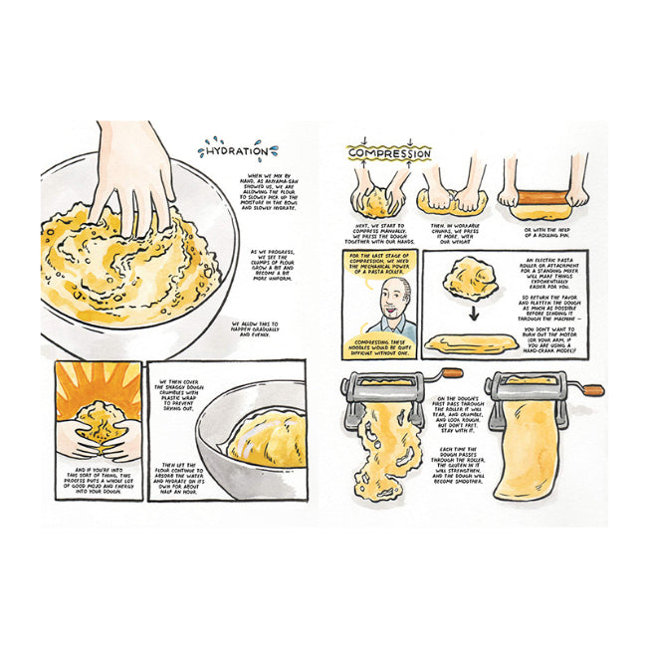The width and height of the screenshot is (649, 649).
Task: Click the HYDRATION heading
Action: tap(231, 151)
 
